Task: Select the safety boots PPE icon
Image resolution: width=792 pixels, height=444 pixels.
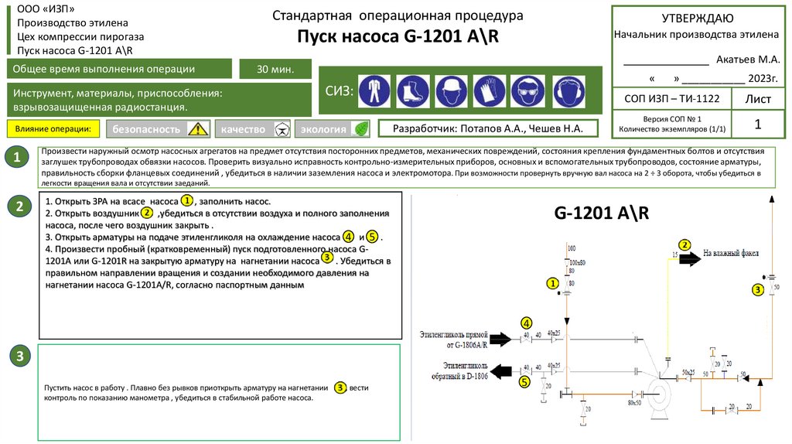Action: [412, 91]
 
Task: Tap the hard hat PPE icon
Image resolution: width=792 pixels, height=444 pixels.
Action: [451, 91]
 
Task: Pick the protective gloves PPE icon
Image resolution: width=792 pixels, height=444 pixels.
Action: [489, 91]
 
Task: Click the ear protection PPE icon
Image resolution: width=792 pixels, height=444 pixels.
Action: [568, 91]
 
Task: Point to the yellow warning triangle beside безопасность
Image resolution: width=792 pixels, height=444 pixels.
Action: [199, 129]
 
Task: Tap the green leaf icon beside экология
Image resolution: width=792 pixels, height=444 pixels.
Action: [359, 129]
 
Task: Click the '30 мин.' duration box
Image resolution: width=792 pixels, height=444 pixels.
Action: [275, 70]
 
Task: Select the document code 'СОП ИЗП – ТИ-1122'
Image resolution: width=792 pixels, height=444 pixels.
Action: [670, 98]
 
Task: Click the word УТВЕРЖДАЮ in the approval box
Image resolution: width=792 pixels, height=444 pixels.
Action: [698, 19]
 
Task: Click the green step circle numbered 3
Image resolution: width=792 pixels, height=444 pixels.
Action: [20, 357]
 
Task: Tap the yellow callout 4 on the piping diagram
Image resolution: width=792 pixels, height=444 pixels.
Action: [527, 323]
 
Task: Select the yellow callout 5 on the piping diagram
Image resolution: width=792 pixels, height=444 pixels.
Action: [524, 381]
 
